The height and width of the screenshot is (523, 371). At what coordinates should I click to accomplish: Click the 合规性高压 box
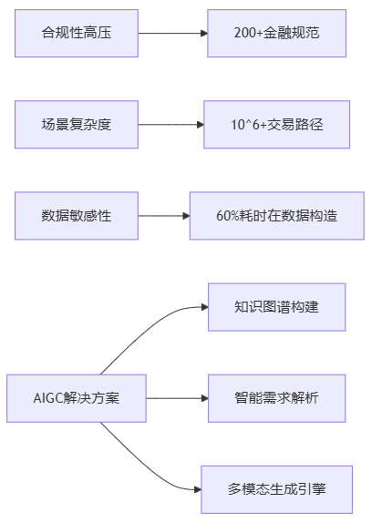pos(77,33)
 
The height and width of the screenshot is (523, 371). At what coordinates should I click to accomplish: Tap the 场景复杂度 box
pos(77,124)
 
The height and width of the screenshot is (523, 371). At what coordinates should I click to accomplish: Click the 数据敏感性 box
pos(77,216)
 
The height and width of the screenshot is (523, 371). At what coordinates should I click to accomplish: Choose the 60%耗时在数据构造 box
pos(277,216)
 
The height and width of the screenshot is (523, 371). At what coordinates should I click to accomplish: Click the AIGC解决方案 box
pos(77,398)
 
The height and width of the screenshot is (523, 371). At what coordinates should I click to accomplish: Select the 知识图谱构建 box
pos(277,307)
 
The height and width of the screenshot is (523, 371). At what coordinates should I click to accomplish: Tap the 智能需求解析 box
pos(277,398)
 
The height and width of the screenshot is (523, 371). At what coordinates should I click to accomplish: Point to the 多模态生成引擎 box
pos(277,489)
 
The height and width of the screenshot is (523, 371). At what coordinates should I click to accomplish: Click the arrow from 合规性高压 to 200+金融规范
pos(172,33)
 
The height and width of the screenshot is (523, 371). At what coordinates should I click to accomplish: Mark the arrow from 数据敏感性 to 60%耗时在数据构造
pos(163,216)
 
